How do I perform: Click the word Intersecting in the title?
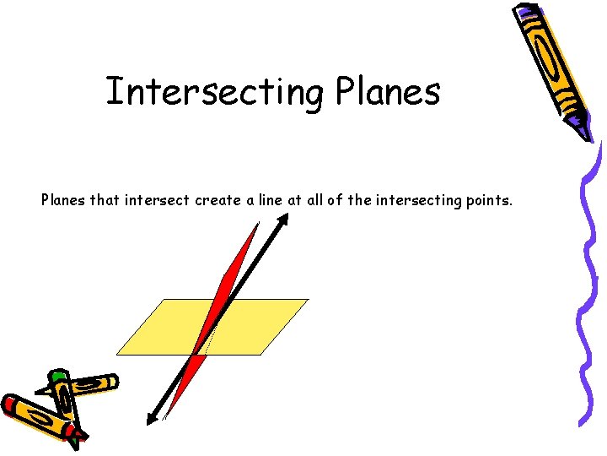[x=212, y=92]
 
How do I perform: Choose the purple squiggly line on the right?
[x=589, y=279]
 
